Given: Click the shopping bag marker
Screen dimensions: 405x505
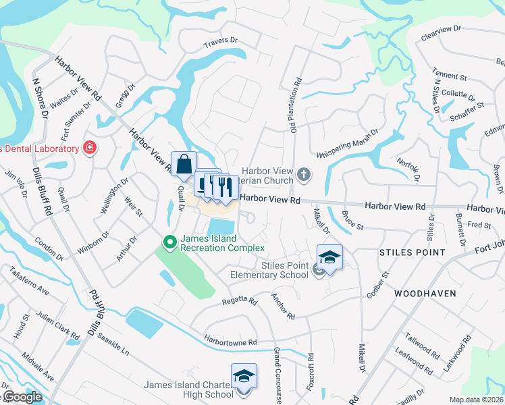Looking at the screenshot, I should click(184, 164).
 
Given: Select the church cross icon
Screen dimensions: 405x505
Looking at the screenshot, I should click(304, 176).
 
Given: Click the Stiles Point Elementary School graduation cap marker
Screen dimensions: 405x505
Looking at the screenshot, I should click(329, 257).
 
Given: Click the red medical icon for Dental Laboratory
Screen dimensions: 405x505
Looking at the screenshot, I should click(88, 147).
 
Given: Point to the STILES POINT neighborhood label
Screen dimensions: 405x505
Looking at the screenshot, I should click(412, 252).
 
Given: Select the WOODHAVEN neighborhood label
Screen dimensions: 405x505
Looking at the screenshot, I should click(425, 294).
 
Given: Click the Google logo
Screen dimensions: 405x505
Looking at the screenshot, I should click(22, 397).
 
